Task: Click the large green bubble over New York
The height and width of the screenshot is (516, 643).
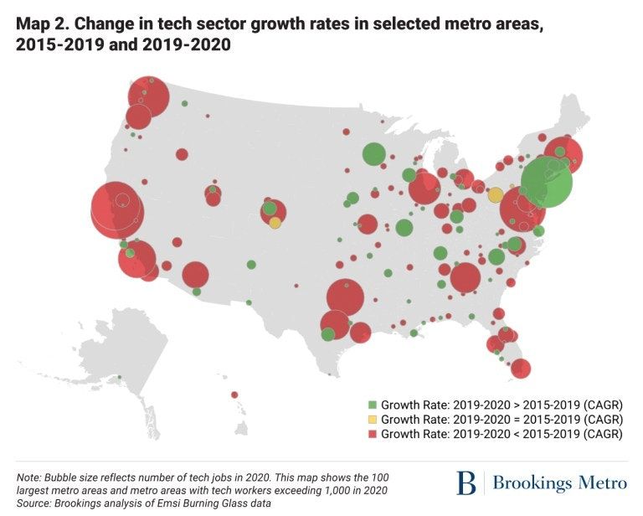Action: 546,182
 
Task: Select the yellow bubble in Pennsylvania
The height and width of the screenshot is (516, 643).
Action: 496,195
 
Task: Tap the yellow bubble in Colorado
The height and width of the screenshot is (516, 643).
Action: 275,223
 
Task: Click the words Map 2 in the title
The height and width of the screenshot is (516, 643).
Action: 39,24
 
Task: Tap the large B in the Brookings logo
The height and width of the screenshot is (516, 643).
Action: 466,483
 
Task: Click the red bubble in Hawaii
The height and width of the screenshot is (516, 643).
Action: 234,395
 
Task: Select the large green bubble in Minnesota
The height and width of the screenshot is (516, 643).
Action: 373,154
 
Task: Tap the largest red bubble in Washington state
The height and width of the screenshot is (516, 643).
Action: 148,95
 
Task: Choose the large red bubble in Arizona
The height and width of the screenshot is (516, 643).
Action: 195,274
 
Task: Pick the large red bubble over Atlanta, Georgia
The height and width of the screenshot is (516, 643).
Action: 466,277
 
